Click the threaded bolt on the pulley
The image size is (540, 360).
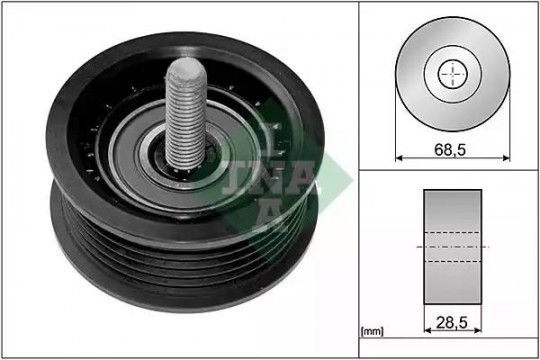click(x=186, y=114)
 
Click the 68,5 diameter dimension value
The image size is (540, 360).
click(x=450, y=150)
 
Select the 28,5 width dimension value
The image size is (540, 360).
click(x=452, y=322)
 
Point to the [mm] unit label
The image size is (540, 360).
click(x=372, y=331)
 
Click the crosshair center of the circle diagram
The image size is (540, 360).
click(x=453, y=74)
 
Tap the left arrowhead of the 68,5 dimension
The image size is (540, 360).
click(x=399, y=158)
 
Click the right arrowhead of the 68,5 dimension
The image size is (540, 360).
click(x=506, y=158)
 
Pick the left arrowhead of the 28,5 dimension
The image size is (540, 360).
click(x=427, y=330)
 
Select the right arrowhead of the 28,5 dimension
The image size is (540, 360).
click(x=478, y=330)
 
